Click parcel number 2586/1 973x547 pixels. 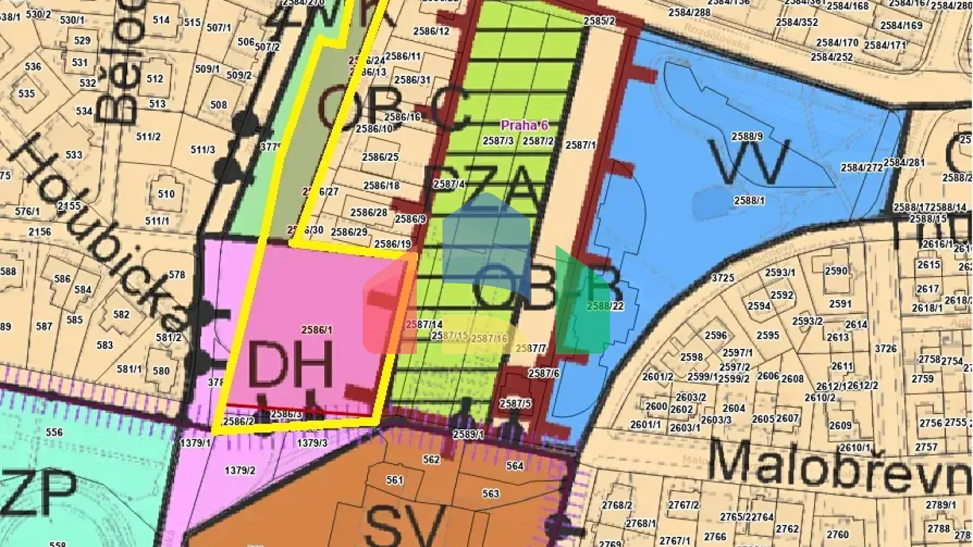pyautogui.click(x=317, y=330)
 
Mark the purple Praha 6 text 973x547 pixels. pyautogui.click(x=524, y=125)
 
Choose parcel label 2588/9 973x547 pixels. pyautogui.click(x=747, y=136)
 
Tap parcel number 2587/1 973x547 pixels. pyautogui.click(x=580, y=145)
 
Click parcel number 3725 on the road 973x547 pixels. pyautogui.click(x=723, y=278)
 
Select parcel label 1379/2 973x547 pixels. pyautogui.click(x=240, y=470)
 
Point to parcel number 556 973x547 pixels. pyautogui.click(x=54, y=432)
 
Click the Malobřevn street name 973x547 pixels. pyautogui.click(x=839, y=460)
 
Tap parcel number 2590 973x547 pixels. pyautogui.click(x=836, y=270)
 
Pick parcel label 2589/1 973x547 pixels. pyautogui.click(x=468, y=434)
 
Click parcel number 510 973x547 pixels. pyautogui.click(x=166, y=194)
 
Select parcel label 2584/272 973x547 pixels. pyautogui.click(x=862, y=168)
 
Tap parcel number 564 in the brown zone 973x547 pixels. pyautogui.click(x=515, y=466)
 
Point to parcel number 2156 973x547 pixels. pyautogui.click(x=39, y=232)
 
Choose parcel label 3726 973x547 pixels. pyautogui.click(x=886, y=348)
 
